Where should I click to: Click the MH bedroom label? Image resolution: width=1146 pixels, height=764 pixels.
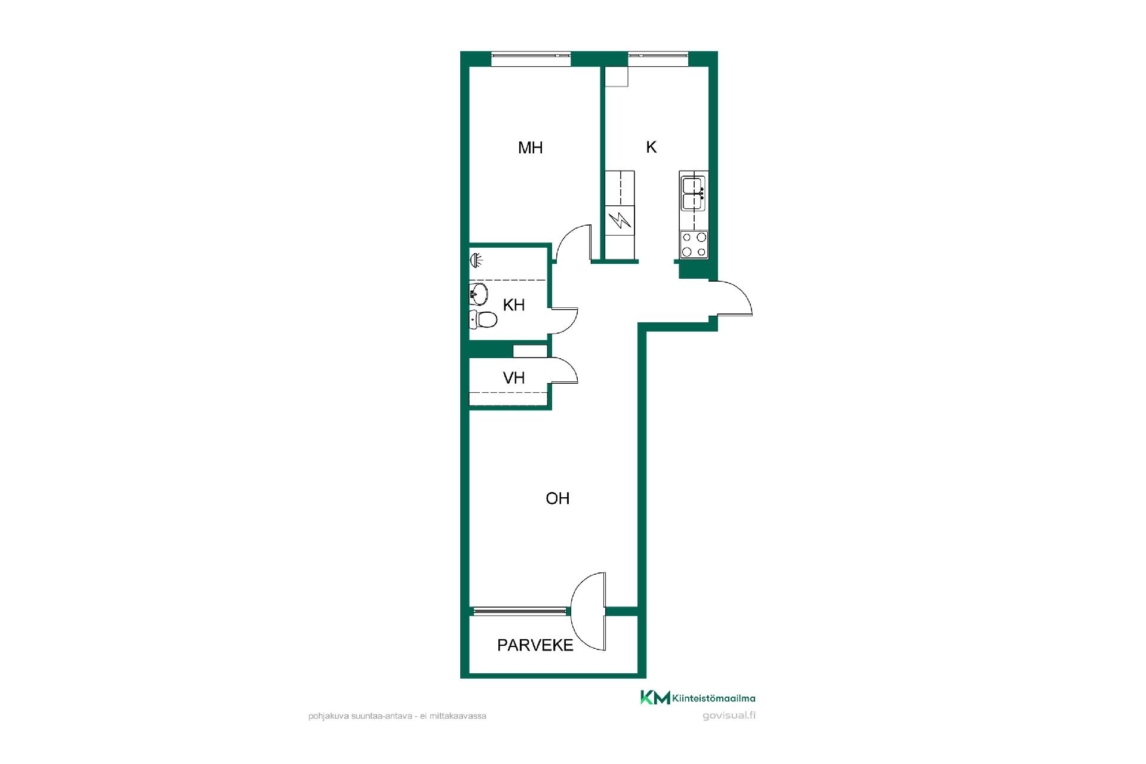tap(530, 147)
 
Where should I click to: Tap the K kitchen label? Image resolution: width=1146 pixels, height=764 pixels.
tap(651, 147)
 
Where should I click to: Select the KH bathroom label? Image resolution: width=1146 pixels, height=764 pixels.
tap(514, 305)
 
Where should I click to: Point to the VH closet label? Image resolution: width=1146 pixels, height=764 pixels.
tap(514, 378)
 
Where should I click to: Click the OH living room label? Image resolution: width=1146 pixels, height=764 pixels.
tap(557, 498)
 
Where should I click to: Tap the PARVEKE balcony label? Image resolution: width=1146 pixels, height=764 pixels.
tap(535, 645)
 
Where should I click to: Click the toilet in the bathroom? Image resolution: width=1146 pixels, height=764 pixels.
tap(483, 319)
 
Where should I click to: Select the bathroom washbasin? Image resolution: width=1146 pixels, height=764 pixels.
tap(479, 293)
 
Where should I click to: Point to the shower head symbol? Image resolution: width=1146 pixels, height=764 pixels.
tap(476, 260)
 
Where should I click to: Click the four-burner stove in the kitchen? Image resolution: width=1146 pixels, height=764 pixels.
tap(694, 245)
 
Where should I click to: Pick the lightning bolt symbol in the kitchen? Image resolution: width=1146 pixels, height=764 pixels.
tap(620, 221)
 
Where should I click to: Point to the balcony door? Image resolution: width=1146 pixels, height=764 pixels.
tap(589, 612)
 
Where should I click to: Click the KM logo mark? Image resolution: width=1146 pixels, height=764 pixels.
tap(655, 697)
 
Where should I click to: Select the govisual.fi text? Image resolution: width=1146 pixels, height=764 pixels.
tap(729, 716)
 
